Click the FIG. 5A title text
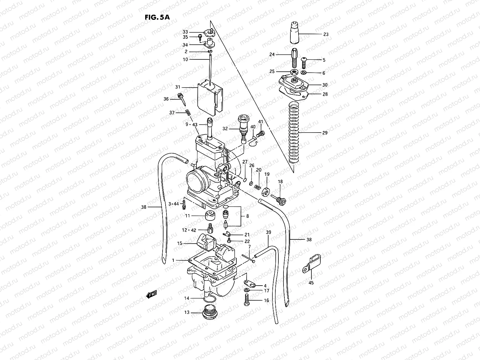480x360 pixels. click(157, 17)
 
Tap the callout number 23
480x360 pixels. click(325, 34)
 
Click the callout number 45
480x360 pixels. click(311, 283)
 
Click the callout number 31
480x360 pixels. click(178, 87)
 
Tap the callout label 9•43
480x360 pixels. click(191, 124)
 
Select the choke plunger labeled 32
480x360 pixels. click(242, 128)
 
